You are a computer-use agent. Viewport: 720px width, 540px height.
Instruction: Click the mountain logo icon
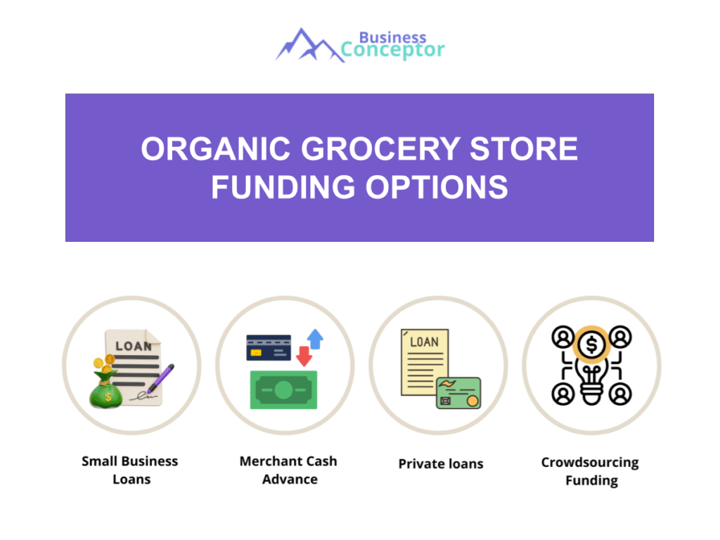click(x=309, y=46)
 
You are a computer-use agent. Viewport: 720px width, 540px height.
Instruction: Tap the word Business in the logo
click(x=392, y=37)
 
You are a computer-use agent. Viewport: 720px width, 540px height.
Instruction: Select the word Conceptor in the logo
click(x=392, y=50)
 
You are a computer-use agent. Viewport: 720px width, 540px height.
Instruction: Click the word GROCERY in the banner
click(x=380, y=149)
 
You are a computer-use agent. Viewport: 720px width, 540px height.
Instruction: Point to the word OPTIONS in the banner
click(x=436, y=187)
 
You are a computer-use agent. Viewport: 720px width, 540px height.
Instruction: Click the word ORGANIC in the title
click(x=216, y=149)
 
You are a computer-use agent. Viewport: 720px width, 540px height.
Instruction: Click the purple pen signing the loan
click(x=161, y=378)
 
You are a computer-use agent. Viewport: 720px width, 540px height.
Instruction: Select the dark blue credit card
click(x=269, y=347)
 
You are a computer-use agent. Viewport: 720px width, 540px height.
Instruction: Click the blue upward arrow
click(x=315, y=339)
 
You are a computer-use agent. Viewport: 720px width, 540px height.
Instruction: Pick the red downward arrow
click(x=304, y=356)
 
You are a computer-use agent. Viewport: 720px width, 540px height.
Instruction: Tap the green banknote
click(x=283, y=390)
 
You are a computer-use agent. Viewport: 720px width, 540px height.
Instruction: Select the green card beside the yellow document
click(x=458, y=393)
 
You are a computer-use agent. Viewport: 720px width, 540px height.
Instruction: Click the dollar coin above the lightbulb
click(x=591, y=345)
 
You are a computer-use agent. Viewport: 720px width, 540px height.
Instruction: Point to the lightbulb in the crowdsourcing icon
click(x=591, y=381)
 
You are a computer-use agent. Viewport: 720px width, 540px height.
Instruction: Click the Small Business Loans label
click(x=130, y=470)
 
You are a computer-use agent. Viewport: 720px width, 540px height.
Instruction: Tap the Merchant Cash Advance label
click(x=289, y=470)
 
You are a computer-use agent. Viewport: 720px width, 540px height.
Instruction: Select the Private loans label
click(x=441, y=464)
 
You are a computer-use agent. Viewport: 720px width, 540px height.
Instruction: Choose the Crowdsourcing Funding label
click(x=591, y=471)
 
